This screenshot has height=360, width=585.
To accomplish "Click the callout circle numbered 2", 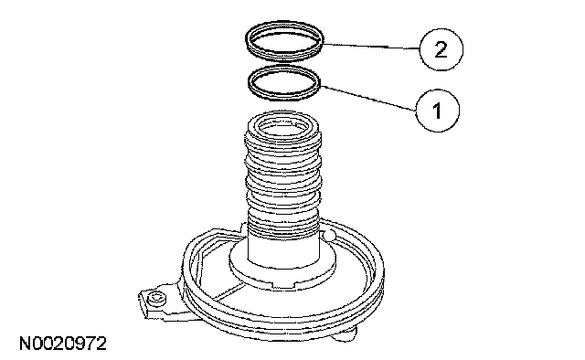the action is click(x=441, y=49).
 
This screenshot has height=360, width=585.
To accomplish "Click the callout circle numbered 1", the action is click(x=437, y=111).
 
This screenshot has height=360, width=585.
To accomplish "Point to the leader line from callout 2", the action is click(x=372, y=47).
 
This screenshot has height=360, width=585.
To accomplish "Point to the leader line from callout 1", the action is click(x=368, y=98).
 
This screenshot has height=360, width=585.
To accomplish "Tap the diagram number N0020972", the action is click(x=63, y=344).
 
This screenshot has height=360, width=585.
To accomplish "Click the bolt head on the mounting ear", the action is click(x=156, y=299).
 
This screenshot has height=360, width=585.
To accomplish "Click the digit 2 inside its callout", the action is click(x=441, y=49).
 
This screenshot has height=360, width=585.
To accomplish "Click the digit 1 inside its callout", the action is click(x=437, y=111).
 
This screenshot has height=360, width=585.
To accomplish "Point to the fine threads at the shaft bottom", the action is click(x=283, y=224).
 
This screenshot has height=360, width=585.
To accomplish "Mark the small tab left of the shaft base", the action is click(x=243, y=227).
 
